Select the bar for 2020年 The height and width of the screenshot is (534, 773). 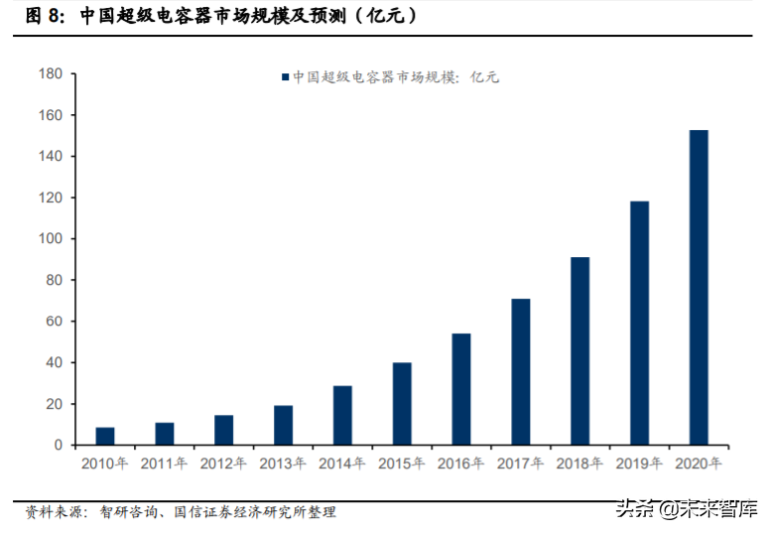click(699, 287)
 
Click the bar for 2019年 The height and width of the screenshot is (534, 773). click(639, 323)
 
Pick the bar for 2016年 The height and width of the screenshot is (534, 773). click(461, 389)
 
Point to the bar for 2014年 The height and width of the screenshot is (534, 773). click(342, 415)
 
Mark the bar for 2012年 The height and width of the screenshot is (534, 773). click(224, 430)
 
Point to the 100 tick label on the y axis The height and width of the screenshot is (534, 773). click(49, 239)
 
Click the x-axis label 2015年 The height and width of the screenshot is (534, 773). click(402, 464)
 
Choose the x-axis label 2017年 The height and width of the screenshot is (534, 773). click(520, 464)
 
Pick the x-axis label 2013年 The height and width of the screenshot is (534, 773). click(284, 464)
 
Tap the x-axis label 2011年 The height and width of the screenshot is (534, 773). click(165, 464)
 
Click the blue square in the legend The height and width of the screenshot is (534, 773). click(285, 77)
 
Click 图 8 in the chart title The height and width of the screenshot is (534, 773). click(45, 17)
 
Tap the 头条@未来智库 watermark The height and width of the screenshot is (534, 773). click(684, 510)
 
